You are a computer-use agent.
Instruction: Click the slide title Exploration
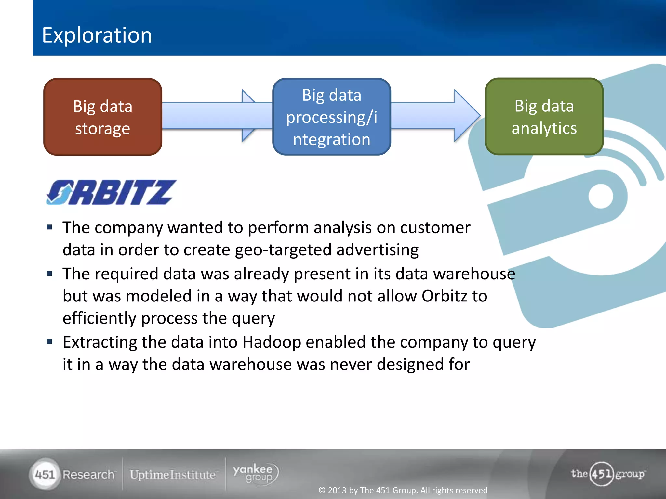97,35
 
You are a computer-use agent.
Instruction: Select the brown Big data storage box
103,117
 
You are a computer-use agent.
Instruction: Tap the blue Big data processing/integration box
331,117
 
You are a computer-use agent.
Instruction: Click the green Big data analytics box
544,117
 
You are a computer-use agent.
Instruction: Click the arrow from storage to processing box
208,116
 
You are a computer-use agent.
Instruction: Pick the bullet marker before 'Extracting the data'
49,342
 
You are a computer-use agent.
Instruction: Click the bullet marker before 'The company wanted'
49,227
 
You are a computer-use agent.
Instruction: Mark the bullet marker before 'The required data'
49,274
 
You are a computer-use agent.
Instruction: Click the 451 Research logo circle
45,474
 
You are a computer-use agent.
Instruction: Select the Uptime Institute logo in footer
173,475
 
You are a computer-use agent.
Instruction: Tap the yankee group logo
256,474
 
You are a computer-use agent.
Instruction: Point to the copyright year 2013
337,490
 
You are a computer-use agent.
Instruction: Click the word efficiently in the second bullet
99,318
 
